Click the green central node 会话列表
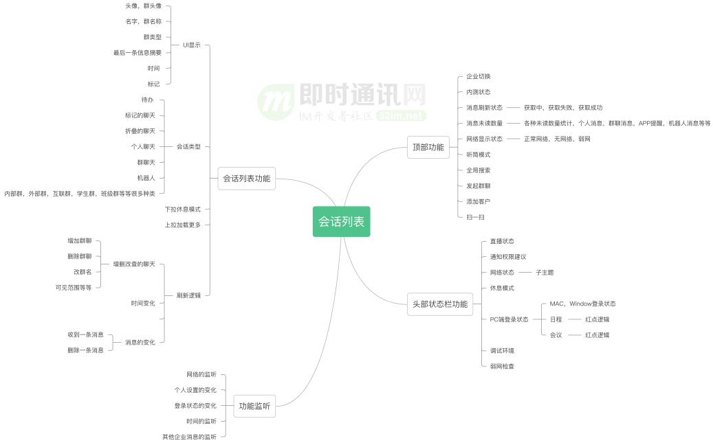click(x=341, y=222)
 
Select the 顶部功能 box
click(x=428, y=147)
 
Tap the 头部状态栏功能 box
click(x=440, y=304)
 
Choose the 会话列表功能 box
click(x=246, y=179)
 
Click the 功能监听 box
click(x=254, y=406)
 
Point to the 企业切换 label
click(x=478, y=76)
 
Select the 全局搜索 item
click(x=478, y=170)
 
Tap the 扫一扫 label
click(x=475, y=217)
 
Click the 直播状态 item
click(x=502, y=241)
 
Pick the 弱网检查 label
click(x=502, y=366)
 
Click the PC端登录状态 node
click(x=509, y=319)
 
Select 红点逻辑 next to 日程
click(x=597, y=319)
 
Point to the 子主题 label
click(x=545, y=273)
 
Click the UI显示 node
click(x=192, y=45)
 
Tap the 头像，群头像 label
click(x=144, y=5)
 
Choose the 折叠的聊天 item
click(x=140, y=130)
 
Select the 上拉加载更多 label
click(x=182, y=225)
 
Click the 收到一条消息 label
click(x=85, y=334)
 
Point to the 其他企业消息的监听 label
click(x=189, y=437)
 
